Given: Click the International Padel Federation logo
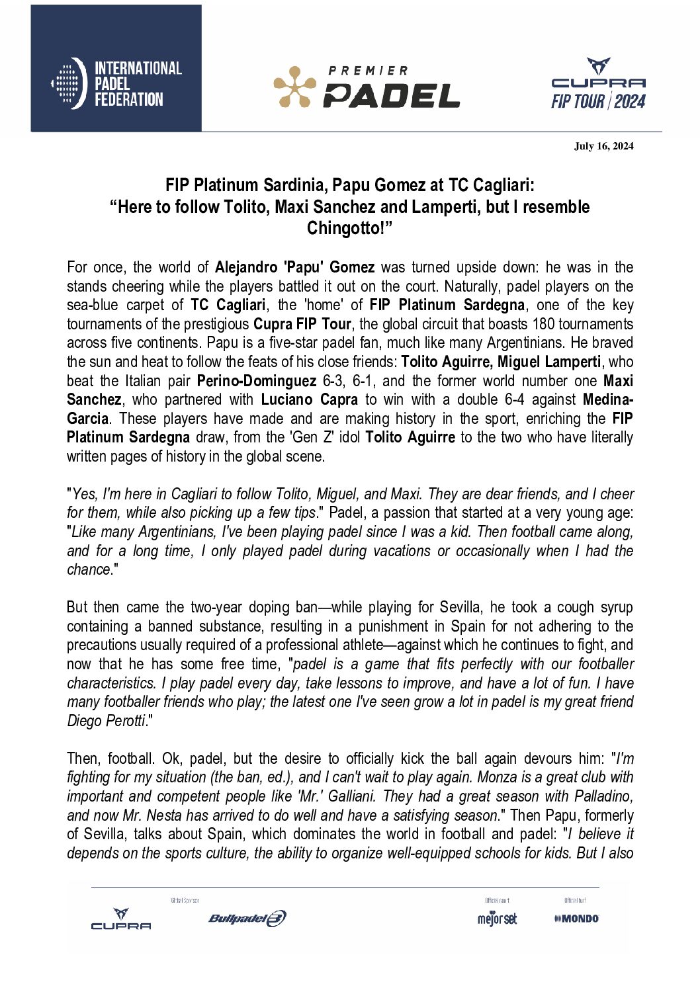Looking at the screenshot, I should [116, 83].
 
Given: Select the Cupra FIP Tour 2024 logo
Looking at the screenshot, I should [598, 84].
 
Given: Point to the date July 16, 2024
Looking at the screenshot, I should [603, 146].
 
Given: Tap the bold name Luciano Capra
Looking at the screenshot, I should [309, 399].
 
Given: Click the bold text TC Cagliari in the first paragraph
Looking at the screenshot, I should [228, 305].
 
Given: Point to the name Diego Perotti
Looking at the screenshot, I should [106, 721].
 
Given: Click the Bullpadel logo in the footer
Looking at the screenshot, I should [247, 918].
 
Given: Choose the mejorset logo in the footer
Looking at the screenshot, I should [497, 919].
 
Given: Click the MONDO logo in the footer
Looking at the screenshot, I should [576, 919].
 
